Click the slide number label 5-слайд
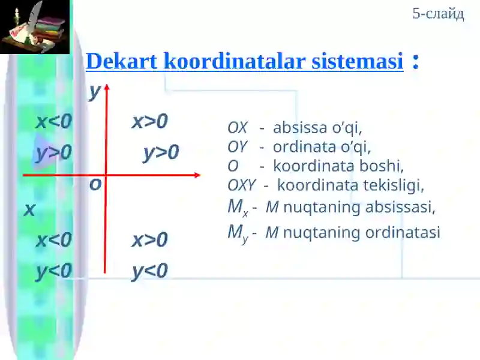pos(438,14)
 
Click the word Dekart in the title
pos(122,61)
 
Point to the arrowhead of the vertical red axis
pos(107,88)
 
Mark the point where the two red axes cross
pos(106,175)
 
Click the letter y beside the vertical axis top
pos(94,92)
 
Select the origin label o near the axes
pos(95,185)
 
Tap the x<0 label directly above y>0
pos(53,122)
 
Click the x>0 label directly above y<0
pos(149,240)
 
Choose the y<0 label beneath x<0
pos(53,271)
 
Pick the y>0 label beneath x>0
pos(161,153)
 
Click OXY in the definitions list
pos(241,185)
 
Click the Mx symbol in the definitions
pos(237,208)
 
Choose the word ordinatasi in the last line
pos(406,233)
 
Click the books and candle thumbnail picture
pos(35,27)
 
